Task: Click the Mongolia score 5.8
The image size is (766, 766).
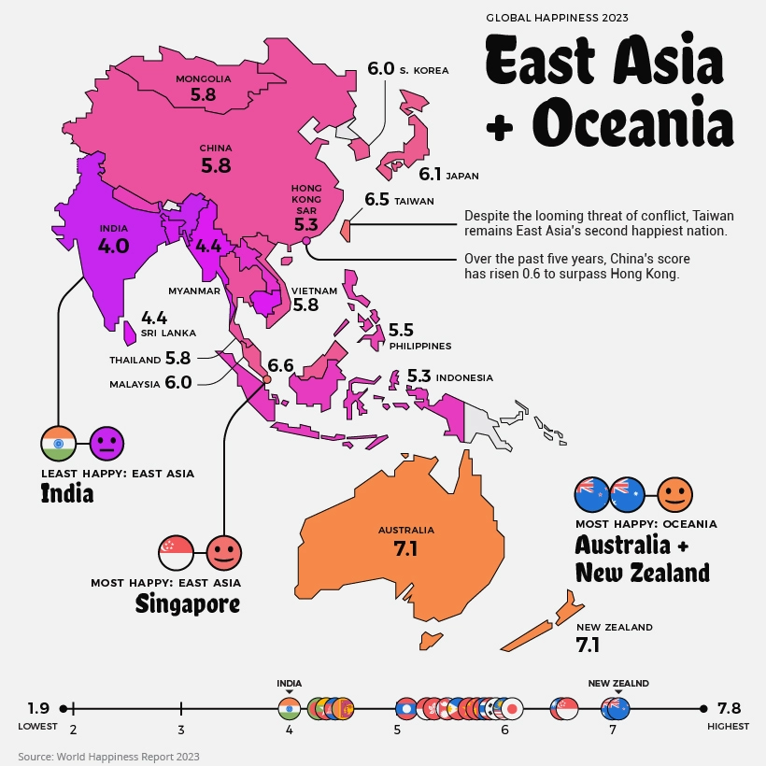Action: (x=203, y=94)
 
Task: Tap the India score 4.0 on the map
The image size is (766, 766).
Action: (x=113, y=246)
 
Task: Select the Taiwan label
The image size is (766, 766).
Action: (x=414, y=201)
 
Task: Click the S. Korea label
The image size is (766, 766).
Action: (x=424, y=70)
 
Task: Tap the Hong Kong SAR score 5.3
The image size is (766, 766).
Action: (x=306, y=225)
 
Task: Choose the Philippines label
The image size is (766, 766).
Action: (x=420, y=346)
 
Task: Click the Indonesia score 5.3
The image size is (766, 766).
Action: (x=418, y=376)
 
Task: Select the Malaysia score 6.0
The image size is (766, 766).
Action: (x=177, y=382)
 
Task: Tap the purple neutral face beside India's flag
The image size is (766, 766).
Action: (x=106, y=442)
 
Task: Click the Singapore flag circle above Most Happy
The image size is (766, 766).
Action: (x=177, y=553)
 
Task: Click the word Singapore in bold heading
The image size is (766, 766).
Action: (x=187, y=603)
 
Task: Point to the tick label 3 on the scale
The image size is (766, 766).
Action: (x=180, y=730)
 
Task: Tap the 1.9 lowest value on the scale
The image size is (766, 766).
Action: (x=38, y=708)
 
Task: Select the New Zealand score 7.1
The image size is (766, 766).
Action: (x=588, y=645)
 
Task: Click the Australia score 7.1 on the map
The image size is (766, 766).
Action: (x=405, y=548)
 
